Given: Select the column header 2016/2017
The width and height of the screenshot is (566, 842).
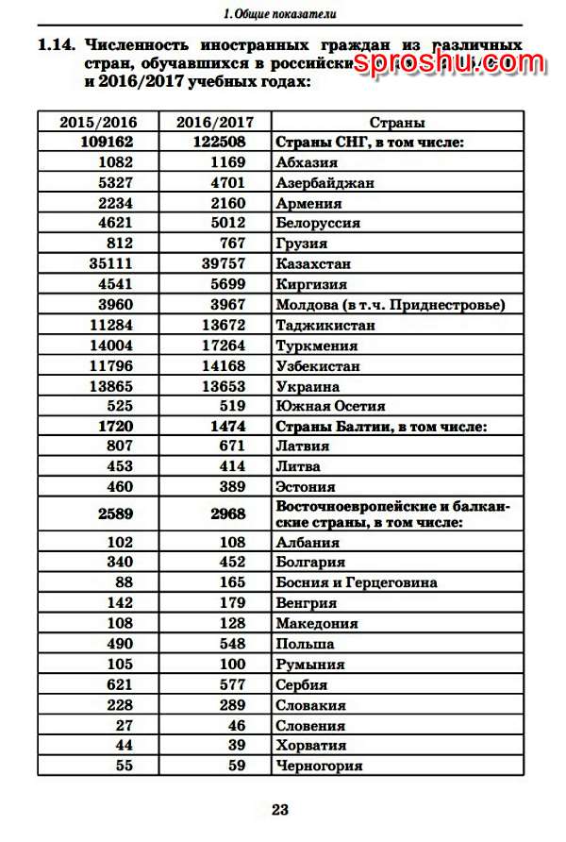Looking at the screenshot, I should click(214, 122).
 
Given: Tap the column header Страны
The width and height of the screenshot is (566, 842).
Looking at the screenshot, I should click(396, 122).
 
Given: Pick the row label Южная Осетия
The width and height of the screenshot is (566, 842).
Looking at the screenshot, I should click(330, 406).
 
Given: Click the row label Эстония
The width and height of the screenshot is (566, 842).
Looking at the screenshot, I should click(305, 487).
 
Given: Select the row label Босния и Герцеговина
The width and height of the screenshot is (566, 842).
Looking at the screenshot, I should click(356, 582).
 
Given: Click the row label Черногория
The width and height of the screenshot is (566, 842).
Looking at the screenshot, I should click(319, 766).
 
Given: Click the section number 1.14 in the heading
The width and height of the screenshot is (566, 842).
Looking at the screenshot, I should click(56, 44).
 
